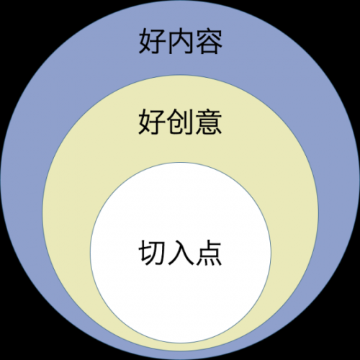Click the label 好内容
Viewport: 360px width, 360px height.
[180, 41]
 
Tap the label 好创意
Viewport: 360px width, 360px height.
[180, 122]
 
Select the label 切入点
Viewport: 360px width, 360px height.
[180, 253]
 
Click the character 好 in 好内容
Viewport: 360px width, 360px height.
[152, 41]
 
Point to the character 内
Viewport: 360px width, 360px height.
[180, 41]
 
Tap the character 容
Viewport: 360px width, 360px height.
[209, 41]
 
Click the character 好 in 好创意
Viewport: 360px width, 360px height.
[152, 122]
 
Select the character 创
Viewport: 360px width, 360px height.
[180, 122]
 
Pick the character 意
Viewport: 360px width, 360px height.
[209, 122]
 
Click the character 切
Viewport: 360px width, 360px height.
[152, 253]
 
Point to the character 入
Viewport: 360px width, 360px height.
[181, 253]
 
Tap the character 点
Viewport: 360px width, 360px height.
[209, 253]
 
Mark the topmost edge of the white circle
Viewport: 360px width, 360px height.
[181, 163]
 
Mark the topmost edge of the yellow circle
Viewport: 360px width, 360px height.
[180, 75]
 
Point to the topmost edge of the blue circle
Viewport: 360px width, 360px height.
[180, 1]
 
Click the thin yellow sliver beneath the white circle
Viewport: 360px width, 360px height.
[181, 347]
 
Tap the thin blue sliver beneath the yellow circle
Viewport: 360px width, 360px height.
[180, 355]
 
